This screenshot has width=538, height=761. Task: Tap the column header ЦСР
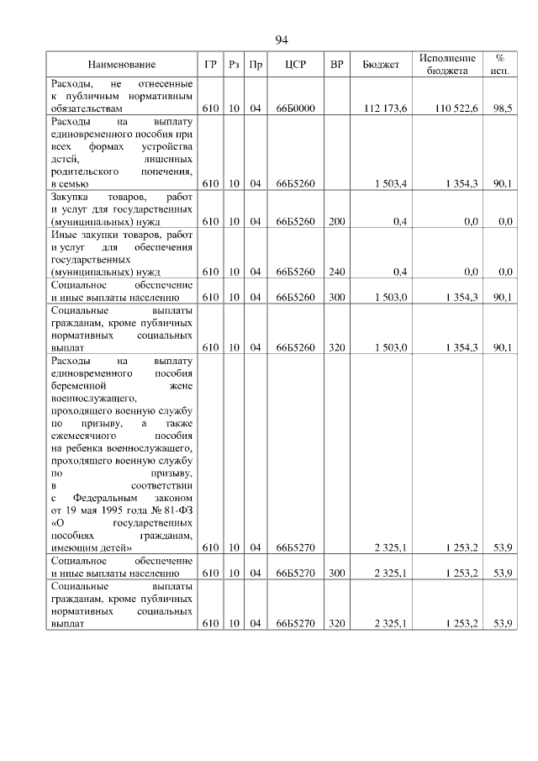(x=294, y=65)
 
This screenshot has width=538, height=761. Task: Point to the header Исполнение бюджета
(x=446, y=65)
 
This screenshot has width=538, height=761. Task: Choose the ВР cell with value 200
(x=336, y=221)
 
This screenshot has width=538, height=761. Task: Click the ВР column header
(x=336, y=65)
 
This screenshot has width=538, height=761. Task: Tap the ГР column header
(x=210, y=65)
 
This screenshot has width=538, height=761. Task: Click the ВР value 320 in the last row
(x=336, y=623)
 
